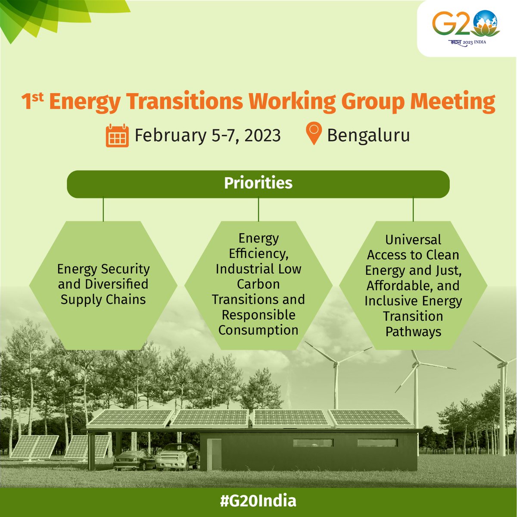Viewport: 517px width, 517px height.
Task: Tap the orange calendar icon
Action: pyautogui.click(x=117, y=135)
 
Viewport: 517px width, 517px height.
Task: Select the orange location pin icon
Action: pyautogui.click(x=314, y=134)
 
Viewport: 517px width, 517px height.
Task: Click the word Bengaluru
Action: pyautogui.click(x=368, y=135)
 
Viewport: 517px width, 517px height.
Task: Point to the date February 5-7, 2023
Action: pyautogui.click(x=208, y=135)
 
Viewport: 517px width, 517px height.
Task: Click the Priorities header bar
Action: pyautogui.click(x=258, y=184)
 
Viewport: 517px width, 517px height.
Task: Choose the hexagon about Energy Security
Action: pyautogui.click(x=103, y=285)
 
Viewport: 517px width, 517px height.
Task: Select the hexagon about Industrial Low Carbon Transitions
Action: pyautogui.click(x=258, y=285)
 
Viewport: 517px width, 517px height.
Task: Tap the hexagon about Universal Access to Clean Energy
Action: pyautogui.click(x=413, y=285)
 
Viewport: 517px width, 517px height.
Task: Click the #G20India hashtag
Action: pyautogui.click(x=258, y=501)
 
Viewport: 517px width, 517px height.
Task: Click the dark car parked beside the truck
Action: pyautogui.click(x=134, y=460)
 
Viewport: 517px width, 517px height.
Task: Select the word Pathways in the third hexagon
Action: pyautogui.click(x=413, y=332)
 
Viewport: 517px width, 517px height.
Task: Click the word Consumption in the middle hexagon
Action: pyautogui.click(x=258, y=330)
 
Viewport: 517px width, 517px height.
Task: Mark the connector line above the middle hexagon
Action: pyautogui.click(x=258, y=210)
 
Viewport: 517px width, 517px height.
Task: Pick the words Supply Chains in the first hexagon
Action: pyautogui.click(x=103, y=300)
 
